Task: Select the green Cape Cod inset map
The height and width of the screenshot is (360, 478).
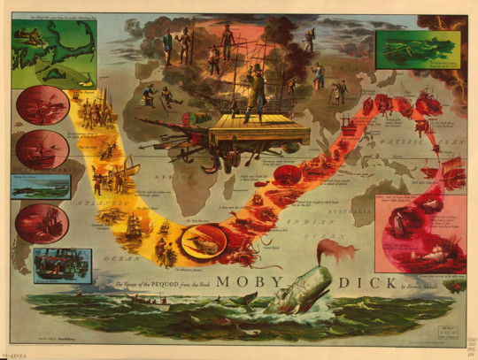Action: click(x=52, y=50)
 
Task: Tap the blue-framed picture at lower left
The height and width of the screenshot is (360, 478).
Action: click(x=62, y=264)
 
